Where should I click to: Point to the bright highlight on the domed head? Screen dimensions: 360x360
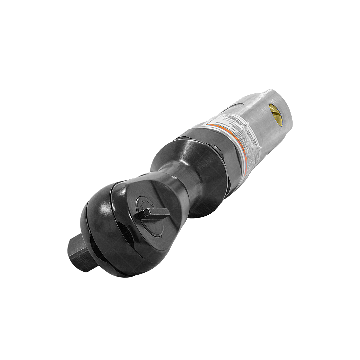click(x=100, y=207)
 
